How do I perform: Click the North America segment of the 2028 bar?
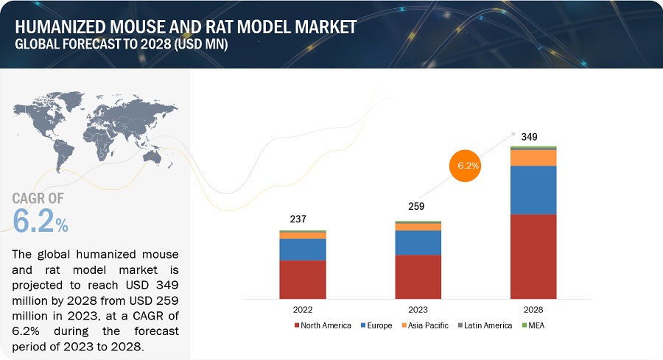533,255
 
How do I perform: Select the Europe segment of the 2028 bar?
533,190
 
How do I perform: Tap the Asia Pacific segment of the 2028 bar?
533,158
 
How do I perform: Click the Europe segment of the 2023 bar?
418,242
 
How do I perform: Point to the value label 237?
298,219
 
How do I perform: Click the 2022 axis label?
303,309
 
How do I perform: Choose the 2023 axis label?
418,309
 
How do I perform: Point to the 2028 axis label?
533,309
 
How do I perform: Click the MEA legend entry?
537,325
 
